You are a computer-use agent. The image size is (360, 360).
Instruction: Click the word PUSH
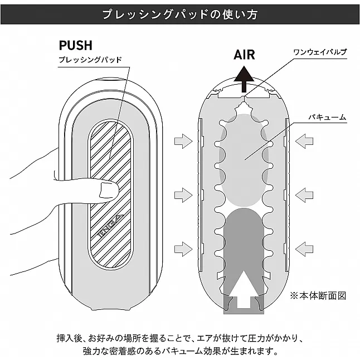[75, 45]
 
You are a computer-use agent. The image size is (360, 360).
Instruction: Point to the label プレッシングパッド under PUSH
[90, 59]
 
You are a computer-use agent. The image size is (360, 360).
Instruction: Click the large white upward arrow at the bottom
[244, 288]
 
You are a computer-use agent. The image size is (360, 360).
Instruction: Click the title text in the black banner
[179, 14]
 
